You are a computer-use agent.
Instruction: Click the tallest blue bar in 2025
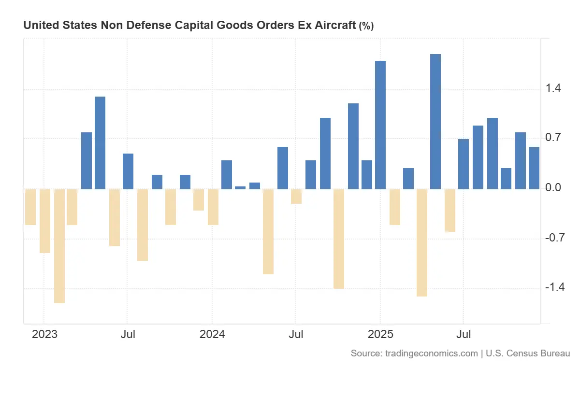(435, 121)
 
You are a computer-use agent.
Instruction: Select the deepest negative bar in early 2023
(59, 246)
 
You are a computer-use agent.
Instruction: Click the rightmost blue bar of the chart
(534, 168)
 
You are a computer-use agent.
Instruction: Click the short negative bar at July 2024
(296, 196)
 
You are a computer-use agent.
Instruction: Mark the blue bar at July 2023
(128, 171)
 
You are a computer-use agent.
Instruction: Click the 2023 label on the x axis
(44, 335)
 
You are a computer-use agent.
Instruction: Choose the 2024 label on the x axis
(212, 335)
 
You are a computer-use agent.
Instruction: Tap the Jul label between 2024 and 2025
(295, 335)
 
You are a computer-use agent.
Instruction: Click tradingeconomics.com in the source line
(432, 354)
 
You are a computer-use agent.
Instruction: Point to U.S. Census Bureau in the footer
(528, 354)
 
